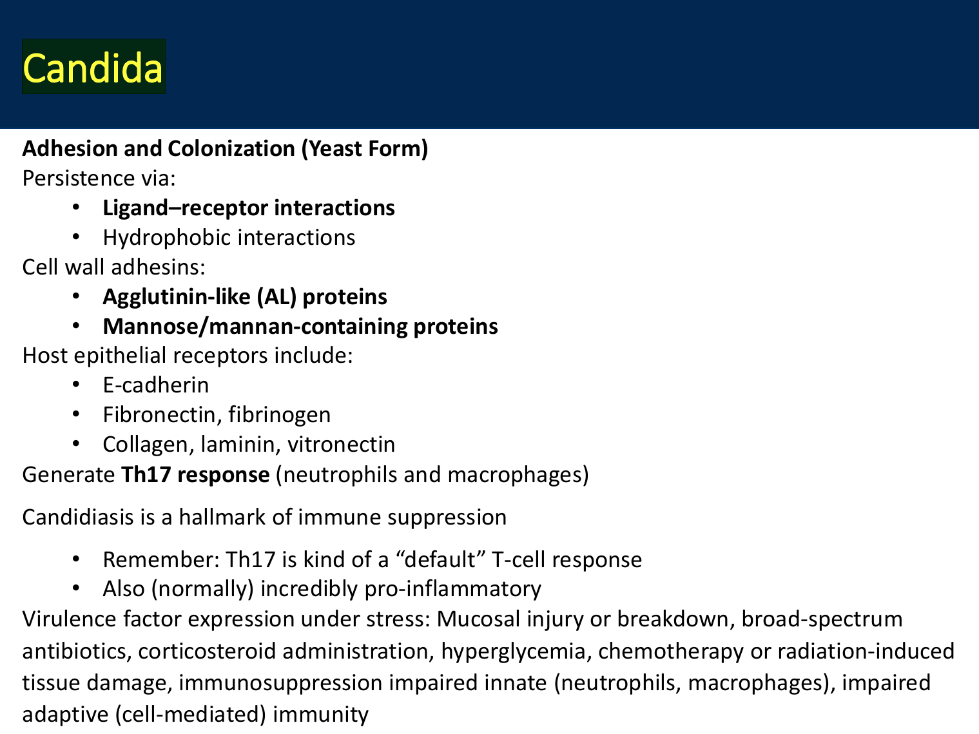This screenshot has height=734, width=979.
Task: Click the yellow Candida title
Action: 92,68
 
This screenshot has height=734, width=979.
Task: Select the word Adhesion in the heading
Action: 70,148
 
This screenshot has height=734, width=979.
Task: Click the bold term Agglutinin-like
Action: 177,297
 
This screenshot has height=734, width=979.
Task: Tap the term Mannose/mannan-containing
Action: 255,327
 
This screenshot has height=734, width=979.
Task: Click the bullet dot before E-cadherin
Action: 76,385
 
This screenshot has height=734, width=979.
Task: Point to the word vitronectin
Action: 341,445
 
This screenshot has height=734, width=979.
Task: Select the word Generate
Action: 69,474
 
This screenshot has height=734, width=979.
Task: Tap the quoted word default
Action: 440,559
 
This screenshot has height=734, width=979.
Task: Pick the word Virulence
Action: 69,619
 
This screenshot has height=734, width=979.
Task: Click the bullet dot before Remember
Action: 76,559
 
